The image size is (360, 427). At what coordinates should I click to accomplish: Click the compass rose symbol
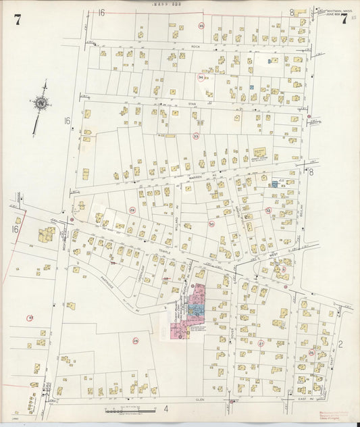(41, 103)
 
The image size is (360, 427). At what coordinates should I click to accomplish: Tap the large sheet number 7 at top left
(17, 20)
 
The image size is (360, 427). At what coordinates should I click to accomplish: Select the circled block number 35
(201, 26)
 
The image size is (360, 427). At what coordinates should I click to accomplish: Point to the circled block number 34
(200, 78)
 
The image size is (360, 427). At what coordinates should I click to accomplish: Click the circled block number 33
(196, 136)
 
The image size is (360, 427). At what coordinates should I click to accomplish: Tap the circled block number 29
(132, 210)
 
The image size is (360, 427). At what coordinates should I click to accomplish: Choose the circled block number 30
(211, 224)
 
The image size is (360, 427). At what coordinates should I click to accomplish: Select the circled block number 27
(261, 343)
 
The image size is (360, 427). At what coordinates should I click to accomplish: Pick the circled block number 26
(311, 352)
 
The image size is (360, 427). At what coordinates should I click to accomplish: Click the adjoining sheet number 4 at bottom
(165, 409)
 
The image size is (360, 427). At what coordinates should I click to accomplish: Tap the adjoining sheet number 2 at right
(340, 345)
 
